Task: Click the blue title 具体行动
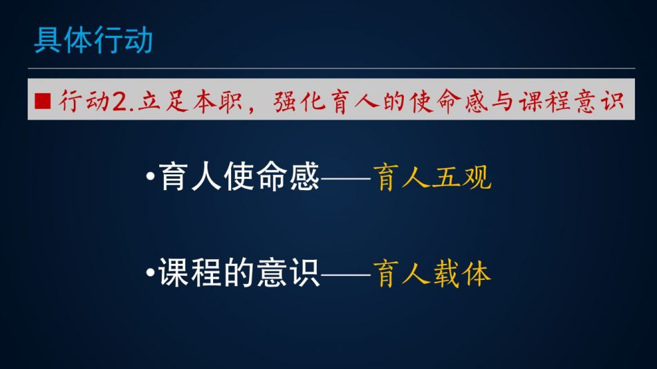(93, 40)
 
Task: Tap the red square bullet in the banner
(43, 101)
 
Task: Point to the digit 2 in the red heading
(120, 102)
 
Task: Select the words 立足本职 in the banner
(189, 102)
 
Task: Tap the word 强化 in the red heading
(299, 102)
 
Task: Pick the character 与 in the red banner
(502, 102)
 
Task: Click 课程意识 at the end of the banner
(571, 102)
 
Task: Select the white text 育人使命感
(239, 176)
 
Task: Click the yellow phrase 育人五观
(432, 177)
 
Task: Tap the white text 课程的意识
(239, 273)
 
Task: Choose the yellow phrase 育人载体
(432, 274)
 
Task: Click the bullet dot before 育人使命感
(151, 176)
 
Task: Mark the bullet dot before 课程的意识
(151, 273)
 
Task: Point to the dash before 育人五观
(346, 178)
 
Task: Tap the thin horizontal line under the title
(331, 68)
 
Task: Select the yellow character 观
(476, 177)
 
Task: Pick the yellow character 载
(447, 274)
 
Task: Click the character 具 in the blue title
(48, 40)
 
